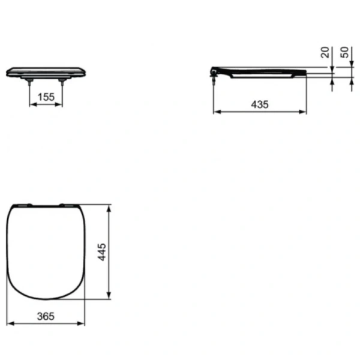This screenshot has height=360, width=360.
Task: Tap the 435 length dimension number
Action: click(x=260, y=103)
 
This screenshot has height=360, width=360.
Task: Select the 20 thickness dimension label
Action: click(x=325, y=53)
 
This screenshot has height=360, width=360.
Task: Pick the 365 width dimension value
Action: click(x=46, y=316)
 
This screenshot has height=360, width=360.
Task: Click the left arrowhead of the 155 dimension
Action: click(x=32, y=104)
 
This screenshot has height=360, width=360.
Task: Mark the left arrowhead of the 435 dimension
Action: click(x=216, y=112)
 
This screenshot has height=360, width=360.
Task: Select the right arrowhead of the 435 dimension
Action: click(x=304, y=112)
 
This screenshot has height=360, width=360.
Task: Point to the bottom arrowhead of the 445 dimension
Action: click(x=109, y=296)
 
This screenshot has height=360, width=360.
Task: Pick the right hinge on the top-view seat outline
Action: click(x=62, y=205)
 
